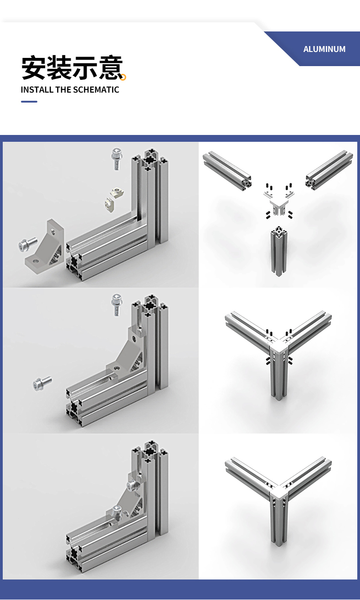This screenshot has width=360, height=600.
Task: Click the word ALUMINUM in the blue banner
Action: click(324, 49)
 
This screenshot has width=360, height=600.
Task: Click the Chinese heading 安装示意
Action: click(72, 67)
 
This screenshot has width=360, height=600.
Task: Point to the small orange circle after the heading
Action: click(123, 77)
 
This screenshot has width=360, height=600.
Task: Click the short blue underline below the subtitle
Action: click(29, 102)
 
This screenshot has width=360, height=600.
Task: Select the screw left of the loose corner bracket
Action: click(27, 244)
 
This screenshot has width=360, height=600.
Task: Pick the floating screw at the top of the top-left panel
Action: click(117, 159)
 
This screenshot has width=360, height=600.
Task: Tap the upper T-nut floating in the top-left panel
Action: click(117, 192)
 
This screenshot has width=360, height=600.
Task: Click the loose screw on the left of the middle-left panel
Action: click(42, 383)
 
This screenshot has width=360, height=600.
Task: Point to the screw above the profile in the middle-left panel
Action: click(117, 304)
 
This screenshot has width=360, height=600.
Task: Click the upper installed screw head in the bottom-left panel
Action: click(132, 485)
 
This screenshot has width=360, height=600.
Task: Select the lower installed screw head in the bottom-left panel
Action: click(117, 511)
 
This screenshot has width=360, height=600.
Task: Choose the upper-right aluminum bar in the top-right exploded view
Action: click(329, 170)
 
